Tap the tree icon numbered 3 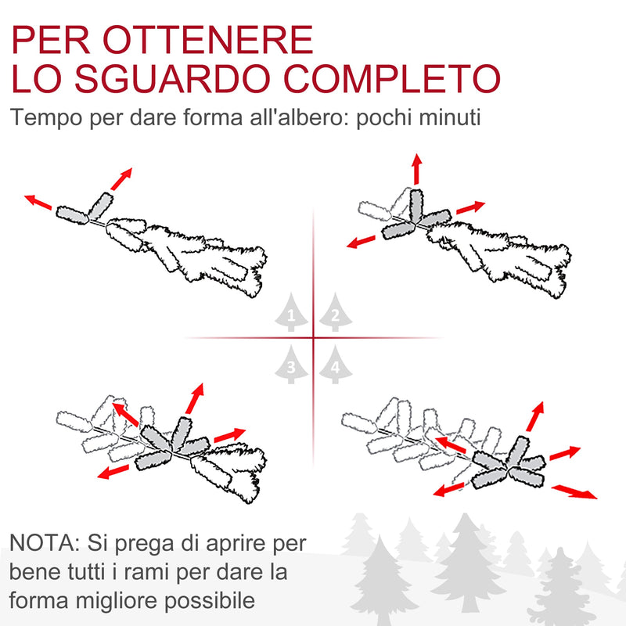[291, 365]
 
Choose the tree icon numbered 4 [335, 365]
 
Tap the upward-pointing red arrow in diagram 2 [417, 168]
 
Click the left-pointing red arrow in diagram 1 [39, 203]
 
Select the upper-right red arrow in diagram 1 [121, 179]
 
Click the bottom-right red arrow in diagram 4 [574, 491]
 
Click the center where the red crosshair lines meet [313, 338]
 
